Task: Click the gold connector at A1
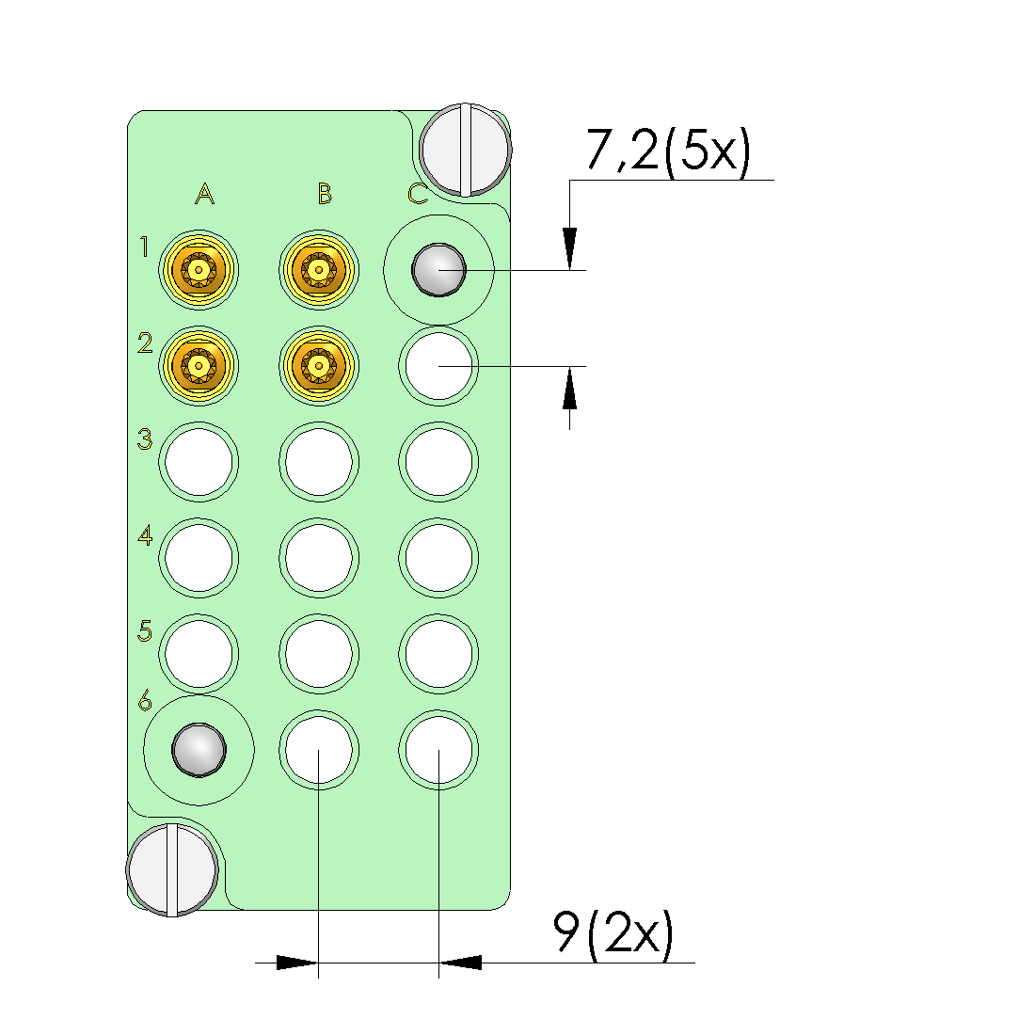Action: [x=199, y=270]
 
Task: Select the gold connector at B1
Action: [x=319, y=270]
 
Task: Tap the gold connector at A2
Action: [x=199, y=363]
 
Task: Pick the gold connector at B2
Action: [x=319, y=363]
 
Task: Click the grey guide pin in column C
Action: [x=438, y=270]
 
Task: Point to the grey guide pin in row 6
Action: [x=199, y=750]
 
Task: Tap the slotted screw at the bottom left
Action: [x=172, y=868]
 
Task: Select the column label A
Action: [x=204, y=195]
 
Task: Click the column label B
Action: [x=325, y=195]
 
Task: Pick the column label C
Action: [x=418, y=195]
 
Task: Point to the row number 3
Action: [x=145, y=439]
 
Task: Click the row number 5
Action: [x=145, y=629]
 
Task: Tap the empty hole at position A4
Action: [x=199, y=557]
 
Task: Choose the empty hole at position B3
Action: [x=319, y=461]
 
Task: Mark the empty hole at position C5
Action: [x=438, y=653]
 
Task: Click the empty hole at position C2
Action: [x=438, y=365]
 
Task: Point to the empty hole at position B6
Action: [x=319, y=750]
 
